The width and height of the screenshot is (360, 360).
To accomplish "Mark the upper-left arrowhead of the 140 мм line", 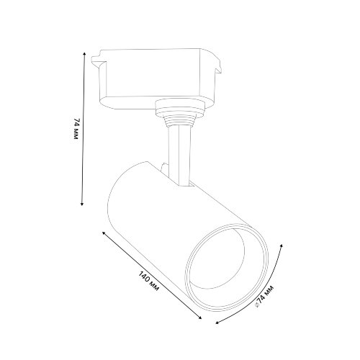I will pos(106,234).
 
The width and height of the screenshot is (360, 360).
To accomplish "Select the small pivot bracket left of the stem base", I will pos(166,171).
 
